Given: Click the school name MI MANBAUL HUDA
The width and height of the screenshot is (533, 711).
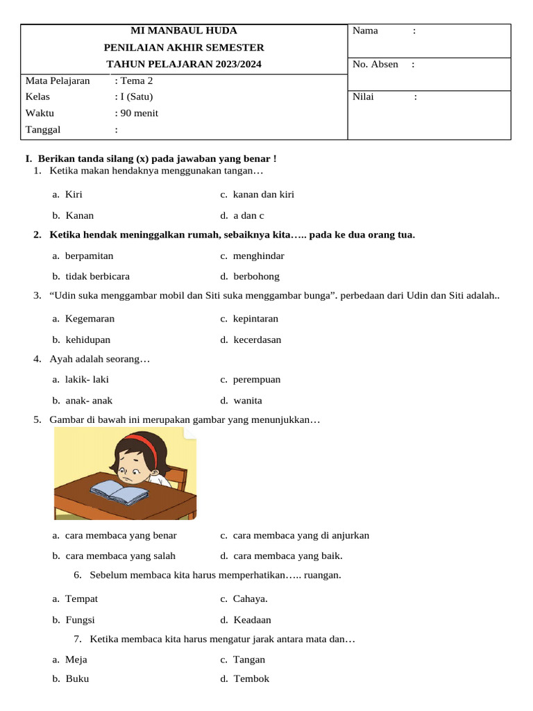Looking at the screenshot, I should pos(184,31).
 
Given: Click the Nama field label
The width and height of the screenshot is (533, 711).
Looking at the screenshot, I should pos(365,31).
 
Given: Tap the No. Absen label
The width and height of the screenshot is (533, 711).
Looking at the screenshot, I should pos(375,65).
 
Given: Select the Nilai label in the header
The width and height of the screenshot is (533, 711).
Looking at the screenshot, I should pos(363,97).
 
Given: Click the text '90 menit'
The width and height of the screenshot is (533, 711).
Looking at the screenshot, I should pos(139,113).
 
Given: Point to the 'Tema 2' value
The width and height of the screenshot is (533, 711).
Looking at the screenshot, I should pos(137,81).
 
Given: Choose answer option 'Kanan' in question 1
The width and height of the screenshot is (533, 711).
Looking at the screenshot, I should pos(79,215).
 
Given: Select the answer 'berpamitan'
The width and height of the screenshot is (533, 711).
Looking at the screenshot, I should pos(89,256).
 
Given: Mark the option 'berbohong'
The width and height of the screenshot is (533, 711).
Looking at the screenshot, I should pos(256,276).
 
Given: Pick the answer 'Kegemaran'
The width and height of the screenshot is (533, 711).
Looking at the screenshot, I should pos(90,319).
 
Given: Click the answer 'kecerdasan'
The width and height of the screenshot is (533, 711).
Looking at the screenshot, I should pos(257,340).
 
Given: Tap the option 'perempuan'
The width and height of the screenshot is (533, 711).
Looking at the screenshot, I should pos(256,380).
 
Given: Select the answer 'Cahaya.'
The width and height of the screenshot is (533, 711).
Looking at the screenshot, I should pos(250,599).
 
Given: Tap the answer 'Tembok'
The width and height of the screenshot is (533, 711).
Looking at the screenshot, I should pos(251,679).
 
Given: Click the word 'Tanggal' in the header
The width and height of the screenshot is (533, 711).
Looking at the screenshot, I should pos(43,129).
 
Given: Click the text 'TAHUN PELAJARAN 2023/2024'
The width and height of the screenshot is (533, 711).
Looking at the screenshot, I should pos(184,65).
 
